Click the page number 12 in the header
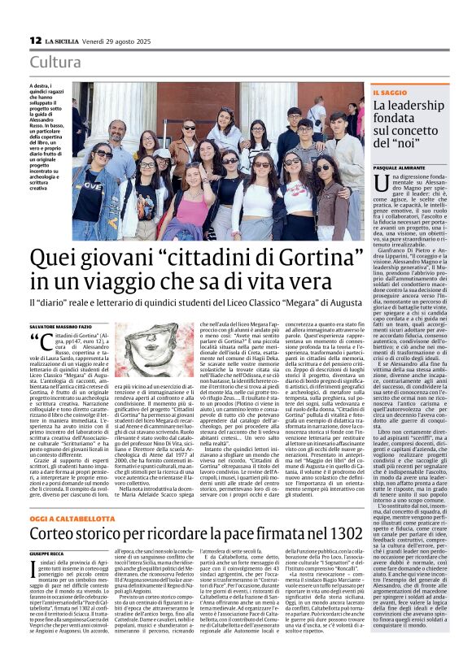tap(35, 40)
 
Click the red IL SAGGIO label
tap(391, 93)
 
